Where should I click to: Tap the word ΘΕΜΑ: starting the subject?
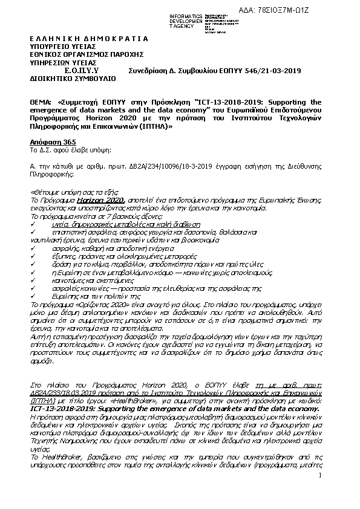(41, 102)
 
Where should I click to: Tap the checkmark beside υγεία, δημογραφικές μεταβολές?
(33, 224)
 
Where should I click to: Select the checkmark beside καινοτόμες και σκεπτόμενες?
(33, 281)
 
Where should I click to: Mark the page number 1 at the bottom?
(320, 494)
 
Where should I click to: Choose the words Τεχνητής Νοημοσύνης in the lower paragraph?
(59, 440)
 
